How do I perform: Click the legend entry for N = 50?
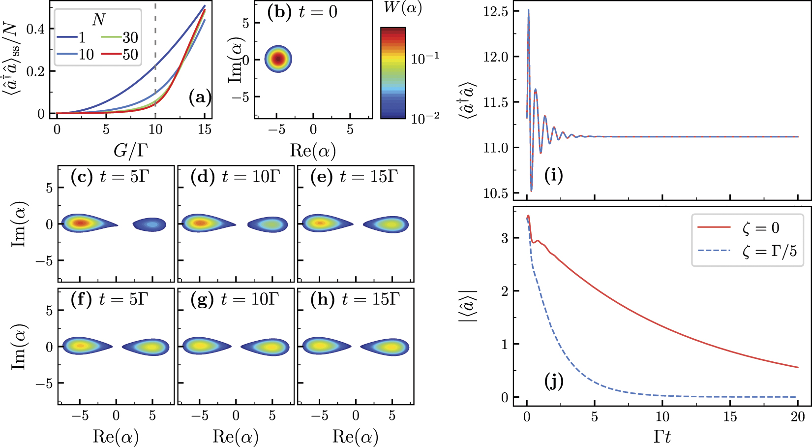click(x=121, y=55)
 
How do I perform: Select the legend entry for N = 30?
click(x=121, y=37)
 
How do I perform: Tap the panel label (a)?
click(x=200, y=97)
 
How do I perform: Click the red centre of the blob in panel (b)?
click(x=278, y=59)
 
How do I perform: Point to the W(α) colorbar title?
click(x=402, y=8)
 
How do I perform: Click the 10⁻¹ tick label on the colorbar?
click(x=425, y=59)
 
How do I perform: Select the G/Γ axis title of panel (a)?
click(x=130, y=150)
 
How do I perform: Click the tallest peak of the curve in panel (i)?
click(x=528, y=10)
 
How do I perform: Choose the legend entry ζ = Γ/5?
click(x=748, y=252)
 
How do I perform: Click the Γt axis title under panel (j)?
click(x=662, y=436)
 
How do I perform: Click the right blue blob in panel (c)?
click(x=150, y=224)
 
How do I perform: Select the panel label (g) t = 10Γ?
click(x=235, y=299)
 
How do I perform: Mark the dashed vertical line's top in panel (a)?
click(x=155, y=5)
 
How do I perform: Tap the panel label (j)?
click(x=554, y=381)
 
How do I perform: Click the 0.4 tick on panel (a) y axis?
click(x=35, y=29)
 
